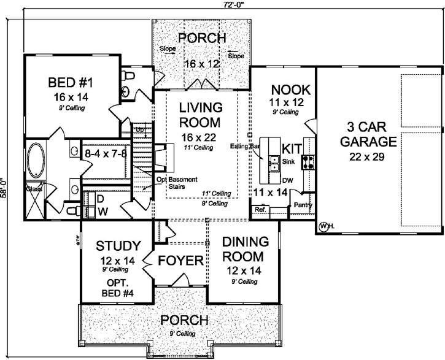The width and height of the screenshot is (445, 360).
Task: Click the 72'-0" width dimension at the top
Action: coord(222,4)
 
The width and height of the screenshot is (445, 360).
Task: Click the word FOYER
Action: coord(180,261)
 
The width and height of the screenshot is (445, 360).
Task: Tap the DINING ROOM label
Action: coord(242,248)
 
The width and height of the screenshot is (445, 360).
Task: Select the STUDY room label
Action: coord(118,247)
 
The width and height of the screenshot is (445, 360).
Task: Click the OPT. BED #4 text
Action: coord(118,288)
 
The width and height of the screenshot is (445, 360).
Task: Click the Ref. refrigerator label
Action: coord(260,210)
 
